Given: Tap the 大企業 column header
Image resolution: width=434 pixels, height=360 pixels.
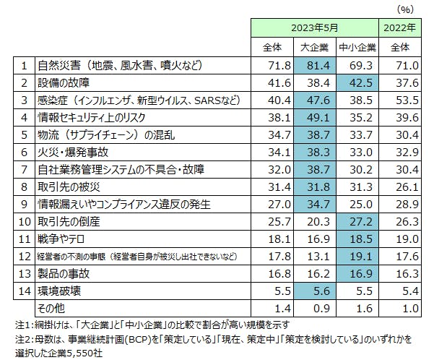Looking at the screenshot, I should coord(315,48).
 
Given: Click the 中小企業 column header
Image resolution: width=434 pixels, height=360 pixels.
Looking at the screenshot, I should coord(357,48).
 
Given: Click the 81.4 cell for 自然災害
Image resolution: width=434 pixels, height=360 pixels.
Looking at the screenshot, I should coord(315,66).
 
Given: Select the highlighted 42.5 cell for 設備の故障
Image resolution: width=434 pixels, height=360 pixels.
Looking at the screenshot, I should coord(357,83).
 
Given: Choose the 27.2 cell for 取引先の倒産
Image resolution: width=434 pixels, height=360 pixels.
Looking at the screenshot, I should coord(357,220).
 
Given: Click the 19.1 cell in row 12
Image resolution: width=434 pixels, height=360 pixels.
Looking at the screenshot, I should coord(357,255).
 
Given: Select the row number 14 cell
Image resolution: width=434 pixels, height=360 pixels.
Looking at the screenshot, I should coord(25,290).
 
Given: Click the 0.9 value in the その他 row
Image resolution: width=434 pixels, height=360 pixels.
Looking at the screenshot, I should coord(315,307).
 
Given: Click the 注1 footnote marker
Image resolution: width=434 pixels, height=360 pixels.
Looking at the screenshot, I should coord(14,324).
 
